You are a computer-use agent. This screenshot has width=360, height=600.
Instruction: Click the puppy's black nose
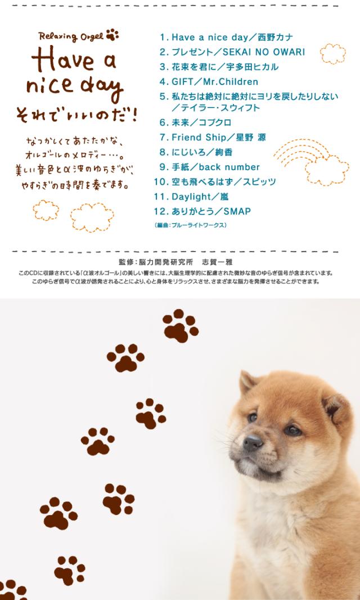pyautogui.click(x=252, y=444)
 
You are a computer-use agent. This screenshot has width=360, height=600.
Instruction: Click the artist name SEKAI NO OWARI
pyautogui.click(x=264, y=52)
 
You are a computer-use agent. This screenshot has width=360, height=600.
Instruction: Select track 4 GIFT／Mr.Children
pyautogui.click(x=209, y=82)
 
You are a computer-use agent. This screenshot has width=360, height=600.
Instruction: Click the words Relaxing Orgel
pyautogui.click(x=71, y=37)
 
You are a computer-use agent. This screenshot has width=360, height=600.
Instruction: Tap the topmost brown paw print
pyautogui.click(x=180, y=325)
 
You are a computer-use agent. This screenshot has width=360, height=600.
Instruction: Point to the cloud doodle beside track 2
pyautogui.click(x=332, y=54)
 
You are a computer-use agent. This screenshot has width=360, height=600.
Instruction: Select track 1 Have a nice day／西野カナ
pyautogui.click(x=226, y=38)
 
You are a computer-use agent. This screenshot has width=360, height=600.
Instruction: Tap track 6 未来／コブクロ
pyautogui.click(x=195, y=123)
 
